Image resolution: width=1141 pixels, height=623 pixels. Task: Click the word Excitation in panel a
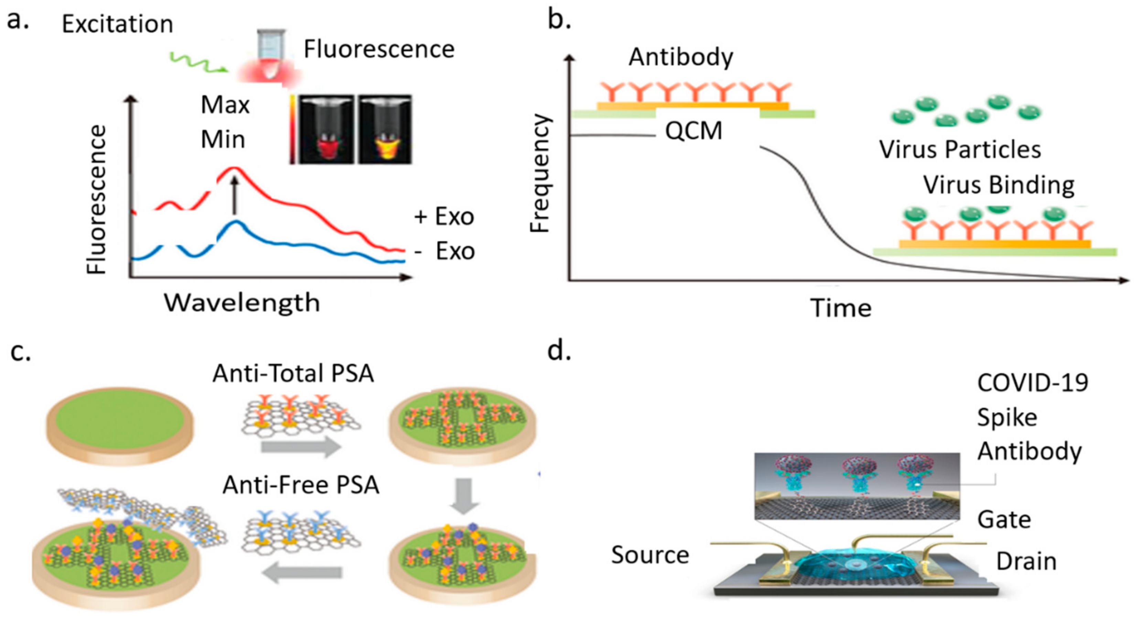(x=117, y=24)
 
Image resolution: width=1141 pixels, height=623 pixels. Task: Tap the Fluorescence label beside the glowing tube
(x=379, y=49)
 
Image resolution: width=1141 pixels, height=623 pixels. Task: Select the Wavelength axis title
(x=242, y=303)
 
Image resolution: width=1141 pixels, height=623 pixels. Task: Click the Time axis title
(x=841, y=308)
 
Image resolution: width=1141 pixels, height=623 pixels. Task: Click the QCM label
(x=693, y=131)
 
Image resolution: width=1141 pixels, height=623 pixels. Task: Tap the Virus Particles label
(x=960, y=150)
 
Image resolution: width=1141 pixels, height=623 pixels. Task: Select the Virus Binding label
(x=999, y=185)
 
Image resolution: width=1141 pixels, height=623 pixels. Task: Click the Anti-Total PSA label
(x=293, y=373)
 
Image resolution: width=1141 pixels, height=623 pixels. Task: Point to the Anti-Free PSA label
(x=301, y=485)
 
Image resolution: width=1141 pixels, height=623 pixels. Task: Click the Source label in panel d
(x=650, y=555)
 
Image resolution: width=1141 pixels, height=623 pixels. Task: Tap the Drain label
(x=1026, y=561)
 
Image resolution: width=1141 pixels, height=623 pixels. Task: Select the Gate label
(x=1004, y=520)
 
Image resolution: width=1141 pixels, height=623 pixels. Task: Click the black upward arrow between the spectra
(x=235, y=195)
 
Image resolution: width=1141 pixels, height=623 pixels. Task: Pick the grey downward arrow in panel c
(x=463, y=496)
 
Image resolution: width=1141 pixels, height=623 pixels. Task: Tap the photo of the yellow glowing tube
(x=385, y=130)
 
